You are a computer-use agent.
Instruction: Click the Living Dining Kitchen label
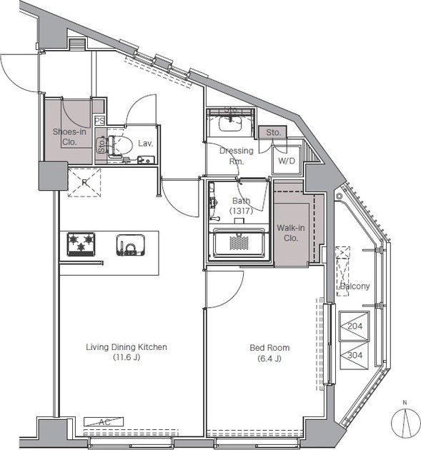(x=127, y=352)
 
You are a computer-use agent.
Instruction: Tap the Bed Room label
(x=269, y=353)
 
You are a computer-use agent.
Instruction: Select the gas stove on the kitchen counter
(x=81, y=244)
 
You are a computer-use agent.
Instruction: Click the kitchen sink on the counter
(x=130, y=245)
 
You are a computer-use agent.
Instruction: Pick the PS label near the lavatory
(x=99, y=121)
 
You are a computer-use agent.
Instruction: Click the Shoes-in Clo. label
(x=69, y=136)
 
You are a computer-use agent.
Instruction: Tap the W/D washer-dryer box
(x=287, y=160)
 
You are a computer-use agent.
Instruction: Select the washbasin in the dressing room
(x=230, y=124)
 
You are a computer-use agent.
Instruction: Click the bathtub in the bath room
(x=239, y=243)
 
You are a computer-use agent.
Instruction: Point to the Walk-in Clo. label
(x=291, y=233)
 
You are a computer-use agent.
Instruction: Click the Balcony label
(x=355, y=286)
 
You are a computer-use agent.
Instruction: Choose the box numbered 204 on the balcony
(x=355, y=326)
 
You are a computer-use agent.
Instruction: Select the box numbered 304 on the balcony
(x=355, y=355)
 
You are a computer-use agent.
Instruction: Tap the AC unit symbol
(x=104, y=421)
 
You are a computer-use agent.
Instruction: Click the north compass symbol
(x=405, y=422)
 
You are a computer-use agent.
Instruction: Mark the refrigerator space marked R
(x=84, y=183)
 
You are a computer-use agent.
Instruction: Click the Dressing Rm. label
(x=237, y=156)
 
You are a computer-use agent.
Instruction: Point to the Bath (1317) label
(x=241, y=206)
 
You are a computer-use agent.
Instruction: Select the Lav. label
(x=145, y=144)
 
